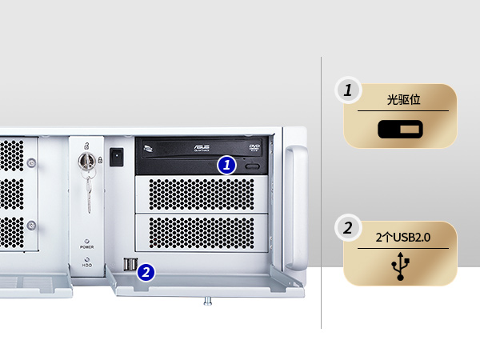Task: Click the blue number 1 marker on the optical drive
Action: click(x=227, y=166)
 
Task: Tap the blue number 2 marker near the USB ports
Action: click(x=146, y=272)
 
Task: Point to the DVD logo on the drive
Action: click(x=255, y=147)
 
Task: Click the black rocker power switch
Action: click(x=117, y=155)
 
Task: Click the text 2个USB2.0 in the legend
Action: click(x=403, y=238)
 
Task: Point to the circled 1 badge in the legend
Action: click(x=347, y=91)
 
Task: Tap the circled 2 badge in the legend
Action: click(x=347, y=229)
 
